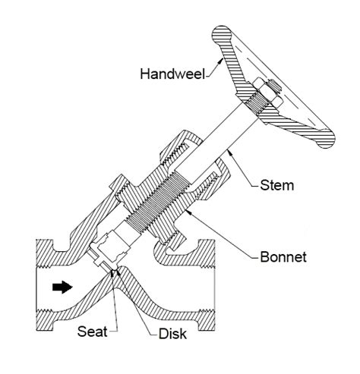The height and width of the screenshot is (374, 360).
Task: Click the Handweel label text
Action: pos(169,74)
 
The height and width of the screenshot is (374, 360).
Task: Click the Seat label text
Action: pos(93,331)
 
